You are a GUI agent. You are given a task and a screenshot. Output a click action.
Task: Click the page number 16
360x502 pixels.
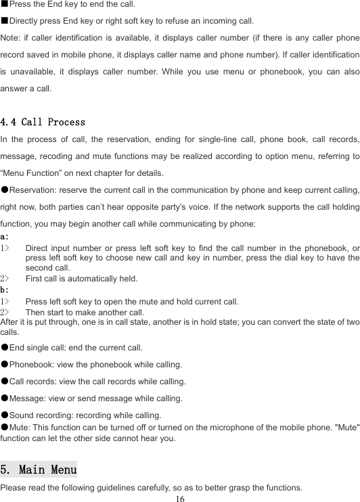179,497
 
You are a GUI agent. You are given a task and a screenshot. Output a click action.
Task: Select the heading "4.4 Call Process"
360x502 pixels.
43,122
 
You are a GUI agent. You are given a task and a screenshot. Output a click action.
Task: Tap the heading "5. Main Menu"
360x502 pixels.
39,468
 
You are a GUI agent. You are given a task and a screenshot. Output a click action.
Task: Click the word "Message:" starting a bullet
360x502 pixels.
28,398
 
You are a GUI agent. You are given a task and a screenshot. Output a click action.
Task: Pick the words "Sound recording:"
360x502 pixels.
39,415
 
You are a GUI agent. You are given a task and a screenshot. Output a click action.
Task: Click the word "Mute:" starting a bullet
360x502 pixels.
20,428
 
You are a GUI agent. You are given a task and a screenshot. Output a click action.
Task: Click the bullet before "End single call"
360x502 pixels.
5,348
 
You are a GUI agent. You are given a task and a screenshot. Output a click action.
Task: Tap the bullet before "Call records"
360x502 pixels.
5,381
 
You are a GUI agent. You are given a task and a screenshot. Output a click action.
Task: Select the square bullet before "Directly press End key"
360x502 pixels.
4,20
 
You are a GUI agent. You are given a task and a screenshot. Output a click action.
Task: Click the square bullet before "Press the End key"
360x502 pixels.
4,4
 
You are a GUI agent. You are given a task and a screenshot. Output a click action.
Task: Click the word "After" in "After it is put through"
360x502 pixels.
10,322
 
